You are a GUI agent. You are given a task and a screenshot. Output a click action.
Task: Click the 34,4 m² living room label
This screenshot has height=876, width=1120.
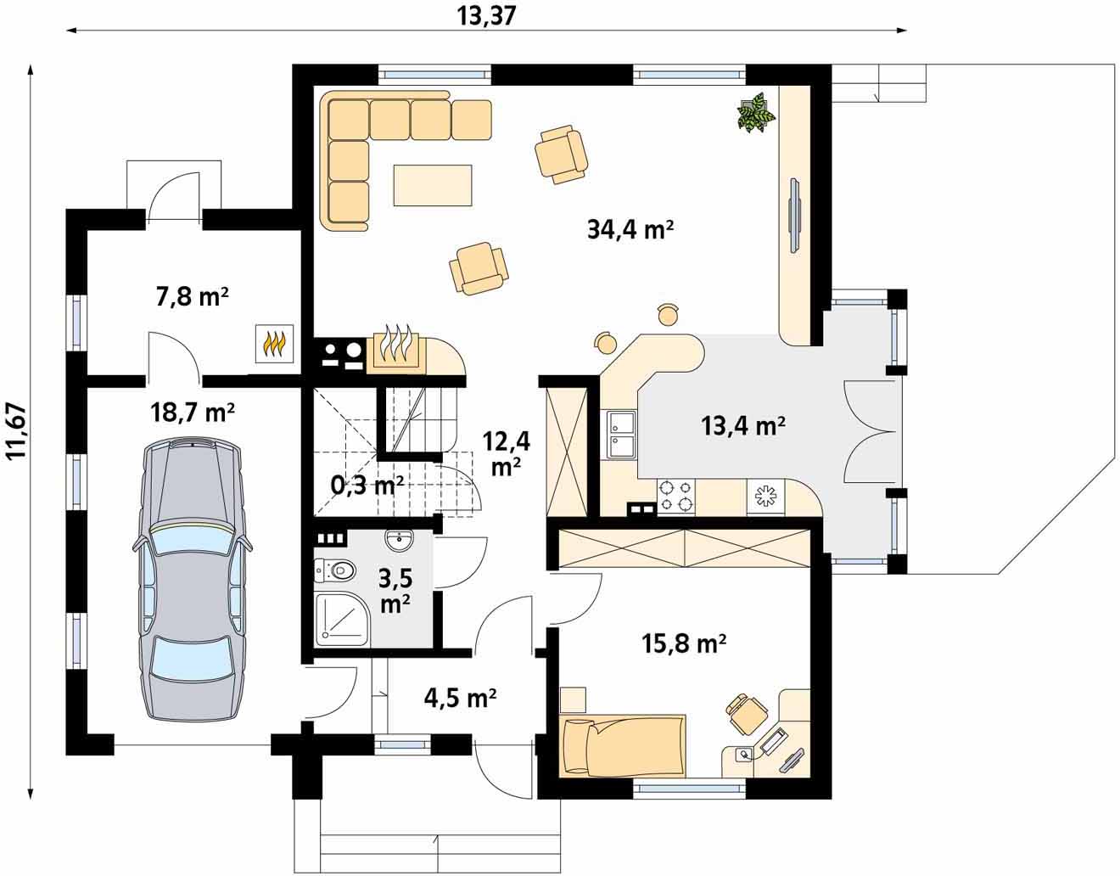[x=630, y=229]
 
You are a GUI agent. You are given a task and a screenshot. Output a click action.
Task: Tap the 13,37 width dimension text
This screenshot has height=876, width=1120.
[x=486, y=16]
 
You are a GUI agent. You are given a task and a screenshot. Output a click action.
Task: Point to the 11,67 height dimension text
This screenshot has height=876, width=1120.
[x=16, y=430]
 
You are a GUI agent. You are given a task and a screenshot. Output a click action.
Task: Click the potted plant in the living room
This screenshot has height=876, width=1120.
[x=756, y=112]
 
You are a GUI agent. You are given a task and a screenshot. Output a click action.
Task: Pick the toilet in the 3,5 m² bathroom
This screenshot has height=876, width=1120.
[x=335, y=570]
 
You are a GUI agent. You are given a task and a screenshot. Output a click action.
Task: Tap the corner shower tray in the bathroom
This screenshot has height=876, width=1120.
[x=343, y=620]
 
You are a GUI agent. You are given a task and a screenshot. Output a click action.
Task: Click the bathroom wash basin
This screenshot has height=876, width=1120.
[x=399, y=541]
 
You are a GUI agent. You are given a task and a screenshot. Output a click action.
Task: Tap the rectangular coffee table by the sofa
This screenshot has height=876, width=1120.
[x=433, y=185]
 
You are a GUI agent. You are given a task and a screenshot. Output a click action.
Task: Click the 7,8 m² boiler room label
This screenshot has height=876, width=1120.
[x=193, y=297]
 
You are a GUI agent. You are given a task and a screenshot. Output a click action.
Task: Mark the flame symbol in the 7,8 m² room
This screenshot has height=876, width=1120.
[x=274, y=343]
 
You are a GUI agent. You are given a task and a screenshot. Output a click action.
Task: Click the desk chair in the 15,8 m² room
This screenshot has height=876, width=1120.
[x=745, y=715]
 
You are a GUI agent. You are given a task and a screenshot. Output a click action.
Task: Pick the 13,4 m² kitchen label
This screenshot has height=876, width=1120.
[x=743, y=426]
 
